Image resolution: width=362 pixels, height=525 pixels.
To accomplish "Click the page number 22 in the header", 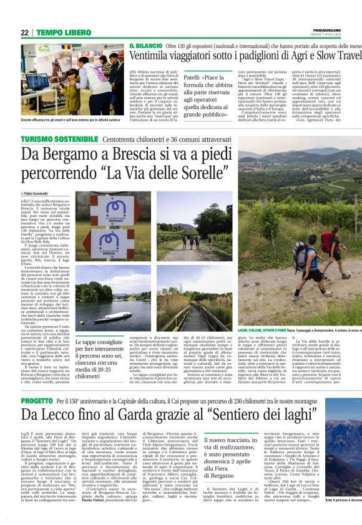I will pyautogui.click(x=24, y=32).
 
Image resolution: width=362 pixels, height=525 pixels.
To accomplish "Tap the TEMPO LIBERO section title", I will pyautogui.click(x=63, y=32).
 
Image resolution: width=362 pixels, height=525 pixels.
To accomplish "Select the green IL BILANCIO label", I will pyautogui.click(x=145, y=47).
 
